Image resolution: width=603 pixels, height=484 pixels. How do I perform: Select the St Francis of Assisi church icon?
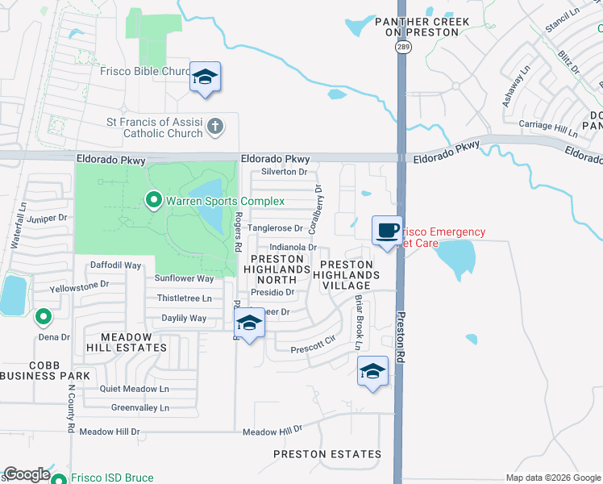coord(214,126)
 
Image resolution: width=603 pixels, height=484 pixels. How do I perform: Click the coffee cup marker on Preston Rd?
coord(387,231)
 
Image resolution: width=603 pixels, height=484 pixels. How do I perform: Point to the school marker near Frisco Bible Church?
coord(205,77)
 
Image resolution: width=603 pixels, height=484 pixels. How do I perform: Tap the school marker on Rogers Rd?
coord(250,324)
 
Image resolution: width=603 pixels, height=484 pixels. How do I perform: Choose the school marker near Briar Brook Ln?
coord(372,372)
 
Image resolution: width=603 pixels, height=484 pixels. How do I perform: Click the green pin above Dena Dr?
coord(44,317)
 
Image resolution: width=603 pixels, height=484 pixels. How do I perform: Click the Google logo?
coord(27,475)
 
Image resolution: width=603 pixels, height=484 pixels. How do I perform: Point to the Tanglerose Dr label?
coord(274,229)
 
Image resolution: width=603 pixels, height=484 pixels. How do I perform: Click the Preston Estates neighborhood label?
coord(326,454)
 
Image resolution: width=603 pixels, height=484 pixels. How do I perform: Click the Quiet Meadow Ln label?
coord(135,388)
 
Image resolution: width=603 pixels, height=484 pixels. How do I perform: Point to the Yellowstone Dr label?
coord(79,285)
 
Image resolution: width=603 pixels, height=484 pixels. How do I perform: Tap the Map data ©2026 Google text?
coord(552,478)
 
